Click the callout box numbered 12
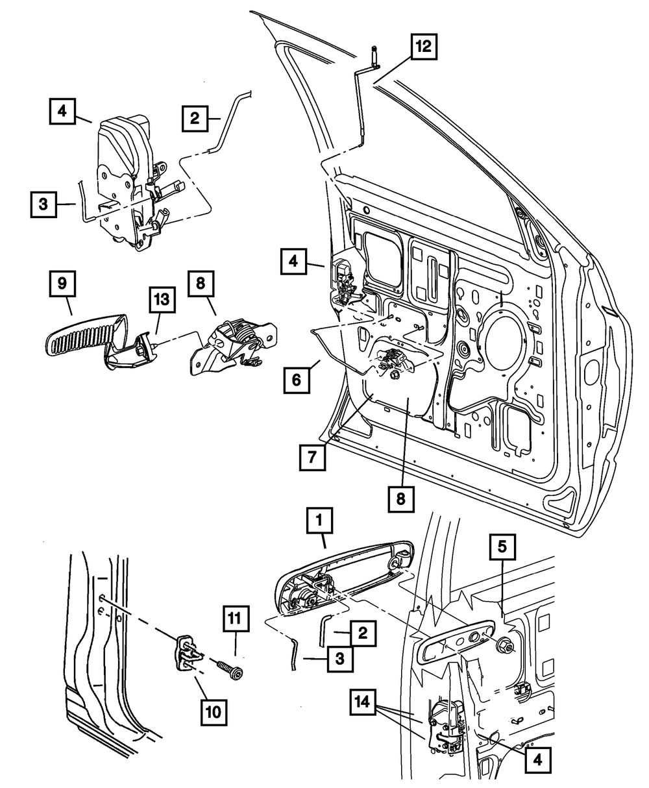click(424, 47)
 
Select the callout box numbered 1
click(319, 521)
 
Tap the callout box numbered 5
click(502, 547)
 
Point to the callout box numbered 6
click(297, 380)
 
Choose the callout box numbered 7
click(312, 458)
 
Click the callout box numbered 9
click(62, 284)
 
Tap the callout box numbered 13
click(162, 300)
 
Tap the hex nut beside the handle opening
click(505, 648)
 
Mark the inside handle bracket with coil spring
click(233, 343)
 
